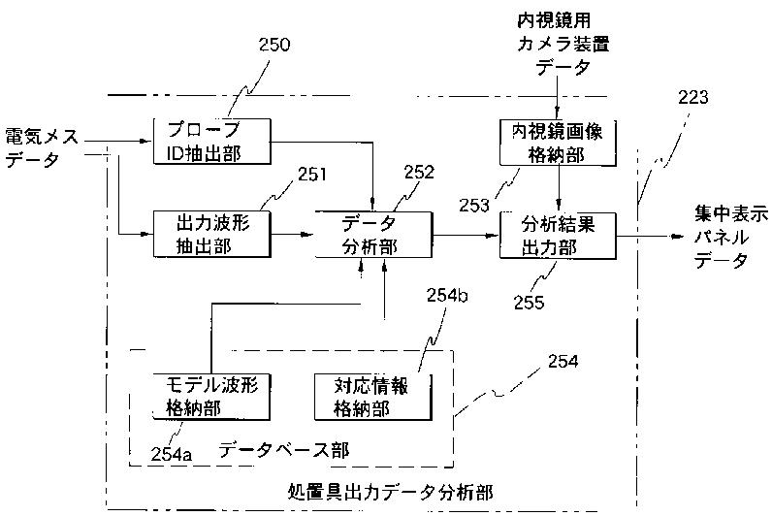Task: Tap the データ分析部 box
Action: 372,235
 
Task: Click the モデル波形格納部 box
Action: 211,395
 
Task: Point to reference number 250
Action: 274,44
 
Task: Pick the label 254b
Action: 448,296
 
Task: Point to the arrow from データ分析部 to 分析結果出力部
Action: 465,235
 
